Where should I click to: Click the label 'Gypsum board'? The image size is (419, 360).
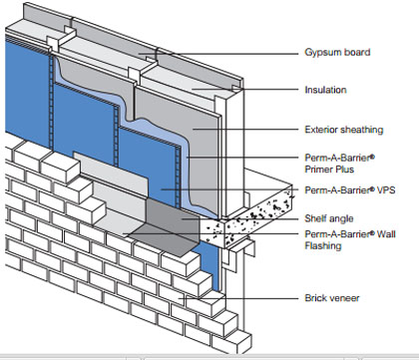(337, 53)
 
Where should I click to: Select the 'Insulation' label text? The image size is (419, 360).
(325, 90)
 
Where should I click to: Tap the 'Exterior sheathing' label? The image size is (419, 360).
(344, 130)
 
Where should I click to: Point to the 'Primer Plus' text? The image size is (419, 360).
(329, 170)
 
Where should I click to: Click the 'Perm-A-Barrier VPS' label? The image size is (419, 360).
(350, 190)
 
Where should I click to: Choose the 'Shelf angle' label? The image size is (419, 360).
(329, 218)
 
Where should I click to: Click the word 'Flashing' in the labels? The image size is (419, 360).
(323, 246)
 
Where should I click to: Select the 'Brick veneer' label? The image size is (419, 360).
(332, 298)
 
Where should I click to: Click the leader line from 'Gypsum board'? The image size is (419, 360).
(218, 54)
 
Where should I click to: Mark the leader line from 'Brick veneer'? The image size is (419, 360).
(238, 298)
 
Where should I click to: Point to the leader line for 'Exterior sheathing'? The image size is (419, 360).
(245, 129)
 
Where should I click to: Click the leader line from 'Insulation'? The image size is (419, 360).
(245, 89)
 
